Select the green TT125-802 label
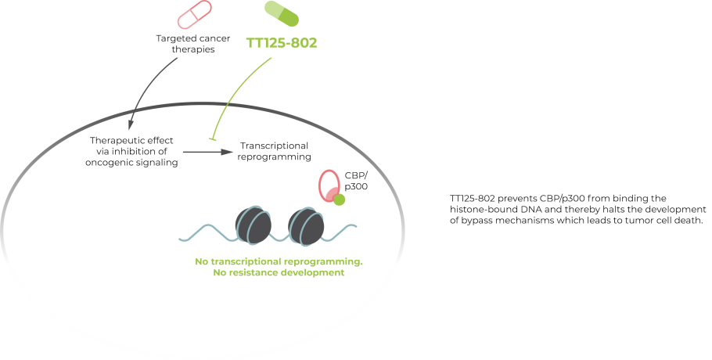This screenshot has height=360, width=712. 282,43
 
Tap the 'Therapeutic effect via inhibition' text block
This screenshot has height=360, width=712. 132,151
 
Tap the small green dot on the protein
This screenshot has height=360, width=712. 340,200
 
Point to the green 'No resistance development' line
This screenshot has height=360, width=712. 279,274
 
